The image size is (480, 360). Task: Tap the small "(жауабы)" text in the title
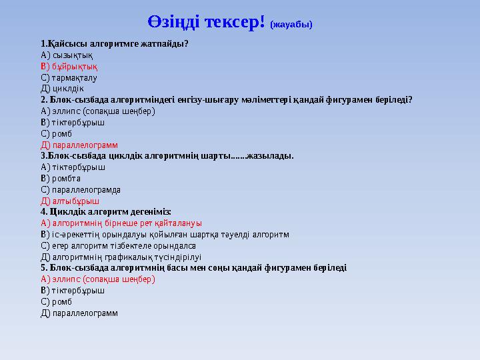[291, 25]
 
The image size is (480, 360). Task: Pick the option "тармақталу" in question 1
[75, 78]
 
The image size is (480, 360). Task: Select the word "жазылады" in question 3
[269, 156]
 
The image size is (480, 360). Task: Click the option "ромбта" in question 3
[66, 178]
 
